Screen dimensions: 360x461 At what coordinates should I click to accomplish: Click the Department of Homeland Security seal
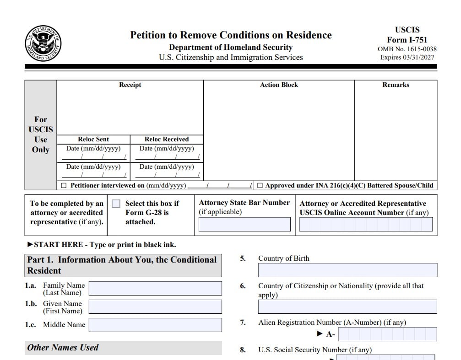(43, 44)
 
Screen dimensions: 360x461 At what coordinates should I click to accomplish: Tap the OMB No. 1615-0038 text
(407, 49)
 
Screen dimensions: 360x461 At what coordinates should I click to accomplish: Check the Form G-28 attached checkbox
(116, 204)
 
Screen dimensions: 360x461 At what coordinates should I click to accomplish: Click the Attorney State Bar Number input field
(244, 224)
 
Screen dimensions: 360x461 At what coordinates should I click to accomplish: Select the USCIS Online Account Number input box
(366, 224)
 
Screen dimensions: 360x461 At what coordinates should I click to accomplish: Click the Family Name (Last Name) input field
(155, 288)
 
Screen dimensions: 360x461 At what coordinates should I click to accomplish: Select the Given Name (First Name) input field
(155, 306)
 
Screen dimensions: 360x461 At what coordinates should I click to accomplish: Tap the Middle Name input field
(155, 325)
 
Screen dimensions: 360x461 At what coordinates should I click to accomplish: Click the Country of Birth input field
(347, 270)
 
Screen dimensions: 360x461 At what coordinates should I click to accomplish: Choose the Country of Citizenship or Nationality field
(347, 306)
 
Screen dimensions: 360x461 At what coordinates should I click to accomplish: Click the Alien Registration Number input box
(387, 334)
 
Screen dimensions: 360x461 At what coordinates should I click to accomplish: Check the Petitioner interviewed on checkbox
(64, 186)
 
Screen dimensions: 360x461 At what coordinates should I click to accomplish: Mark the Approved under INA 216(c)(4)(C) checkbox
(260, 186)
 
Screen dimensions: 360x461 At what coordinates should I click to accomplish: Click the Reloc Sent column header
(93, 139)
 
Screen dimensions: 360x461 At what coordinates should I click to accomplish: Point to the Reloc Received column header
(167, 139)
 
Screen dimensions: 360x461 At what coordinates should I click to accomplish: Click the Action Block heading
(279, 85)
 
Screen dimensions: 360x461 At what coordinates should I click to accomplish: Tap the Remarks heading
(396, 85)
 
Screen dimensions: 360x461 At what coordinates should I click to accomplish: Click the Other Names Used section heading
(63, 348)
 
